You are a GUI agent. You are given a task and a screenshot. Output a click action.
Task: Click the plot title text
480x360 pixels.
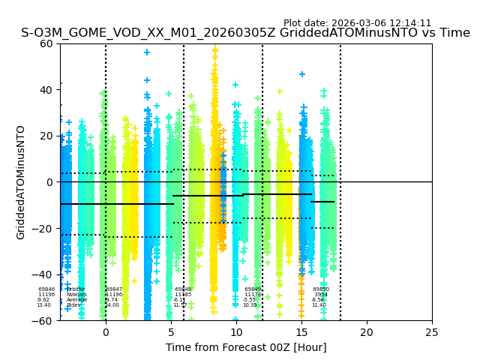point(245,33)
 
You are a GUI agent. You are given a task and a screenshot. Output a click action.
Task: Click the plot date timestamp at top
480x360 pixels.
point(357,23)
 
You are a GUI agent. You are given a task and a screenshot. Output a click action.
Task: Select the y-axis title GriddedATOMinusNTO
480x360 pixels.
point(21,182)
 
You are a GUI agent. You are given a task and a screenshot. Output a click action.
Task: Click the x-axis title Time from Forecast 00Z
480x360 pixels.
point(246,347)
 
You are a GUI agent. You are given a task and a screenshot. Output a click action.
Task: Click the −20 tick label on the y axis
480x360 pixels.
point(44,229)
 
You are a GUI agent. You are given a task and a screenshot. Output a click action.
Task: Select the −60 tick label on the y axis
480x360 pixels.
point(44,321)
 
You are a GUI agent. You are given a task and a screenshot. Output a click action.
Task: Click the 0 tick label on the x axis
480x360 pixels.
point(106,331)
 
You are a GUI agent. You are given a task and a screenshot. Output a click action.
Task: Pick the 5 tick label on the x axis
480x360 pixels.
point(171,331)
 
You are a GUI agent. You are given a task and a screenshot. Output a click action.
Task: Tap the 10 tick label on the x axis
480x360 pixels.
point(236,331)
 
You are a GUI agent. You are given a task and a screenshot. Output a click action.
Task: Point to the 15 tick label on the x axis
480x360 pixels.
point(301,331)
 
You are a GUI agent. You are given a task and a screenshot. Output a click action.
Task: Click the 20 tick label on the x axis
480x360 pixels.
point(367,331)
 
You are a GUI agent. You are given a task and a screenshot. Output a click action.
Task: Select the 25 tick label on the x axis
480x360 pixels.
point(432,331)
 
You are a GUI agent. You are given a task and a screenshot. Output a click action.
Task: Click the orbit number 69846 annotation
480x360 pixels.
point(46,289)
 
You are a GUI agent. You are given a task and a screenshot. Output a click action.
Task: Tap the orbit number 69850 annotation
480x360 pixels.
point(321,289)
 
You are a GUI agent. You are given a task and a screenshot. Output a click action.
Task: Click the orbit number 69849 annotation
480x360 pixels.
point(253,289)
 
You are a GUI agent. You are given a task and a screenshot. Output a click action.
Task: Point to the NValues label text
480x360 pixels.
point(76,295)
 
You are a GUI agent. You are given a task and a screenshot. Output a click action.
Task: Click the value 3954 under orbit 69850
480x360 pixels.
point(321,295)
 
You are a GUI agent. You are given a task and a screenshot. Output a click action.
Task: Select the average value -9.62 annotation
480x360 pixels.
point(43,300)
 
